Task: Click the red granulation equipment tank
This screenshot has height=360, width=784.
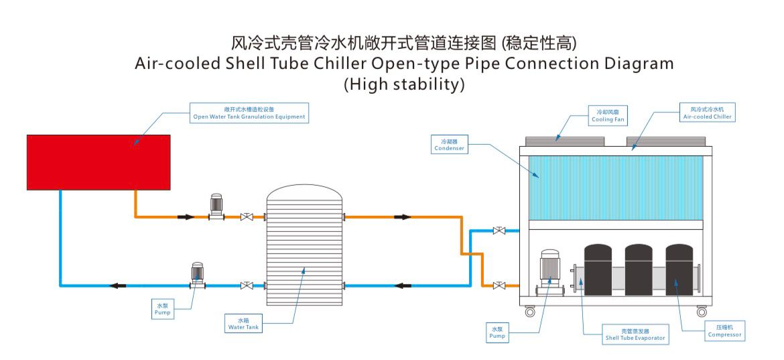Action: [x=98, y=162]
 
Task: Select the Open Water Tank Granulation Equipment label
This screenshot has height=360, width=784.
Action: [x=249, y=113]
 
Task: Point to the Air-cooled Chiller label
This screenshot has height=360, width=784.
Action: [x=708, y=113]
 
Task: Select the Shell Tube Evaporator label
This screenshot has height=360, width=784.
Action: [x=635, y=335]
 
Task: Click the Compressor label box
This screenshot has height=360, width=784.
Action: [x=724, y=331]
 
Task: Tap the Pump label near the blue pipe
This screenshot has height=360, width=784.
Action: [x=162, y=309]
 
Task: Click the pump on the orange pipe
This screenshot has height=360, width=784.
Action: [x=216, y=206]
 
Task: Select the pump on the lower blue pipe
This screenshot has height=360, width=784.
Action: [x=198, y=276]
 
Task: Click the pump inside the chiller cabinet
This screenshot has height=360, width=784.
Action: [x=549, y=272]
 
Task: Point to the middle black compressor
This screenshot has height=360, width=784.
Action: [x=639, y=269]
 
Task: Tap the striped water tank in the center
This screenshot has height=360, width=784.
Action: [x=304, y=251]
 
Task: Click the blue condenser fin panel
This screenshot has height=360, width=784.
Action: [x=616, y=187]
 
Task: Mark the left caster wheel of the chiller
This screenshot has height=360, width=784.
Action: [x=530, y=312]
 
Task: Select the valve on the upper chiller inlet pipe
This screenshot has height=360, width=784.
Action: [x=499, y=231]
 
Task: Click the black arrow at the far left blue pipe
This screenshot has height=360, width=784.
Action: [x=118, y=286]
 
